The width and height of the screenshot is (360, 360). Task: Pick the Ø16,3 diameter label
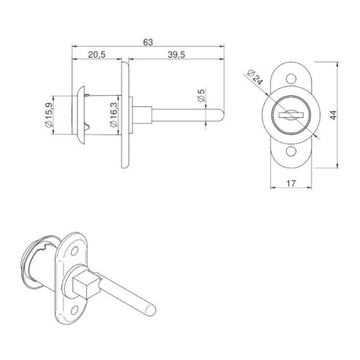113,115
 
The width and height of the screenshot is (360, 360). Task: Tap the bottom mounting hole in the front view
290,150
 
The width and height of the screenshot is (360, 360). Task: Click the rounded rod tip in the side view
220,115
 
